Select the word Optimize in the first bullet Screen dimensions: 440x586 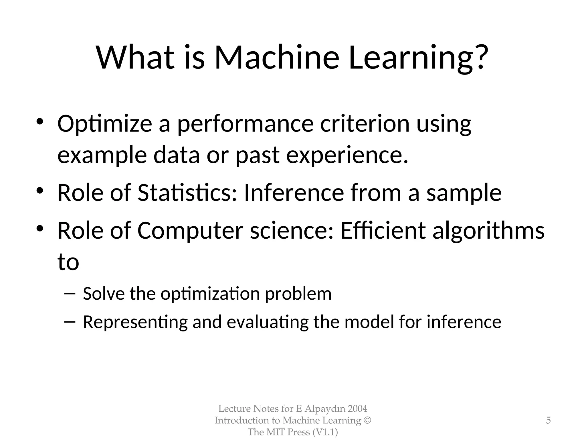tap(105, 124)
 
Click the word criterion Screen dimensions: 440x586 tap(365, 124)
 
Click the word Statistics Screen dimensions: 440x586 tap(187, 193)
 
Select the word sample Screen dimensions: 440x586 tap(464, 193)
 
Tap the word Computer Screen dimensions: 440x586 tap(190, 231)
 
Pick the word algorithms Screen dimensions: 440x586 tap(488, 231)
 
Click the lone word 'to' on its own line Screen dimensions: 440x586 tap(68, 262)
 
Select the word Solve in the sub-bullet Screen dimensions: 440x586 tap(104, 294)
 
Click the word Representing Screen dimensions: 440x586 tap(135, 322)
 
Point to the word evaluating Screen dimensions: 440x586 tap(268, 322)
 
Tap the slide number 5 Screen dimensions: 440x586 tap(548, 420)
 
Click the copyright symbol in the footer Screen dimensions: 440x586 tap(367, 420)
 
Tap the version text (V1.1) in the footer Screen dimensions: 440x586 tap(325, 432)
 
